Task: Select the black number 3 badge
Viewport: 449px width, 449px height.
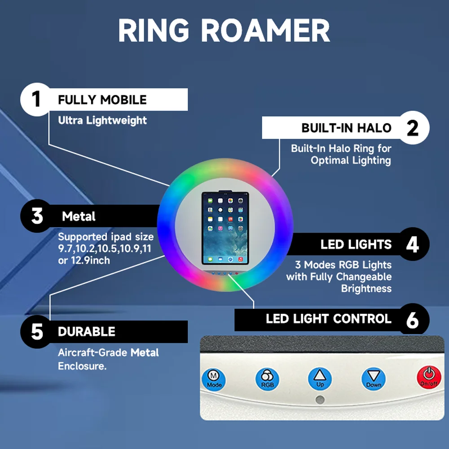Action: tap(37, 216)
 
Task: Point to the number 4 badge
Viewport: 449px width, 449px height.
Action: tap(412, 245)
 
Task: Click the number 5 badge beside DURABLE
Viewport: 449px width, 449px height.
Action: tap(37, 332)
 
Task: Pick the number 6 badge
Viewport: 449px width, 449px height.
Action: tap(412, 319)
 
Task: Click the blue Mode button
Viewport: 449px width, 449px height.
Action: tap(214, 379)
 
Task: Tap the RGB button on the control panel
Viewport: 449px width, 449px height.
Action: tap(268, 379)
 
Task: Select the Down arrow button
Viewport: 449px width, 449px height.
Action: tap(374, 379)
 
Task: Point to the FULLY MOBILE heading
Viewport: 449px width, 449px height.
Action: tap(102, 99)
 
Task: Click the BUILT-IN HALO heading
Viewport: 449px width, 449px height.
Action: tap(347, 128)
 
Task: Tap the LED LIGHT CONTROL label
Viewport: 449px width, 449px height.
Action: tap(329, 319)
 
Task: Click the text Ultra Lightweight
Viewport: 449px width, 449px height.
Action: tap(102, 120)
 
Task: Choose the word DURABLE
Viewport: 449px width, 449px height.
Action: tap(87, 332)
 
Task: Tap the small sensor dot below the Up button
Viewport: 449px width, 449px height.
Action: tap(320, 400)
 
